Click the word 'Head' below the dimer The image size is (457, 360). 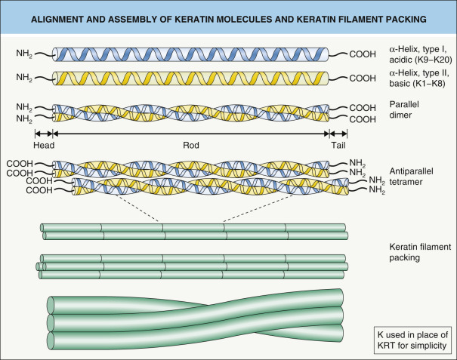click(x=45, y=145)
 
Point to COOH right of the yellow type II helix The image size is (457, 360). click(x=366, y=78)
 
